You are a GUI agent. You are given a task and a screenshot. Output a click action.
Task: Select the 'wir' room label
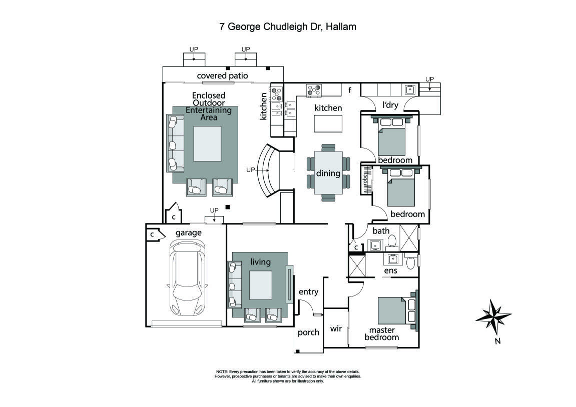point(335,328)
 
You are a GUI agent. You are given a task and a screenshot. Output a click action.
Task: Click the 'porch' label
point(308,332)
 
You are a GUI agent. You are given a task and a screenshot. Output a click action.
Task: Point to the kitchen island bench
point(328,123)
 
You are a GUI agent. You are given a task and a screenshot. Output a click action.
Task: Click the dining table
point(328,172)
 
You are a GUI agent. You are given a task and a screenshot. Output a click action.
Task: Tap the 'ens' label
point(390,270)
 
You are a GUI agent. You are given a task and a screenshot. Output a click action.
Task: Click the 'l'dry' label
point(390,105)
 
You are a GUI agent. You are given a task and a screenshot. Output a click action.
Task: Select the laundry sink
point(411,90)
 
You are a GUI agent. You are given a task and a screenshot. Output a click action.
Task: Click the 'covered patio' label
point(222,76)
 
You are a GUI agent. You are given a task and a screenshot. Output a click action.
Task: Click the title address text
point(288,27)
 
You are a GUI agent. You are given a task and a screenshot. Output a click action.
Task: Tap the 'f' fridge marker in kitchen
point(350,90)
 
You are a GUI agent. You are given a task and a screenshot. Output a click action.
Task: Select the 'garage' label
point(188,232)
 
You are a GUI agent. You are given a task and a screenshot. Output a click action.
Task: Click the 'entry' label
point(308,292)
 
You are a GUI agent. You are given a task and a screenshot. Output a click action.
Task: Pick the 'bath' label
point(381,231)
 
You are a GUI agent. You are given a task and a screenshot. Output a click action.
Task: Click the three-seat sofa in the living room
point(234,284)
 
